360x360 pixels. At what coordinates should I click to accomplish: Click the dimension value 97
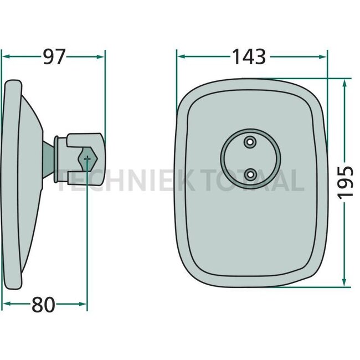(54, 56)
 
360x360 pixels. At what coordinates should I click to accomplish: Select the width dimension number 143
(249, 56)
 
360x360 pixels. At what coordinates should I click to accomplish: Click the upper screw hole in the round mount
(250, 142)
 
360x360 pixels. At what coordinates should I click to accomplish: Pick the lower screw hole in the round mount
(250, 175)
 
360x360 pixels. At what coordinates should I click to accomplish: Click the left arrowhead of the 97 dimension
(6, 56)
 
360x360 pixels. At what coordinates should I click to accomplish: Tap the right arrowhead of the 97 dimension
(101, 56)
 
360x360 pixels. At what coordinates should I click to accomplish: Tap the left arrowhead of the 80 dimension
(6, 304)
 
